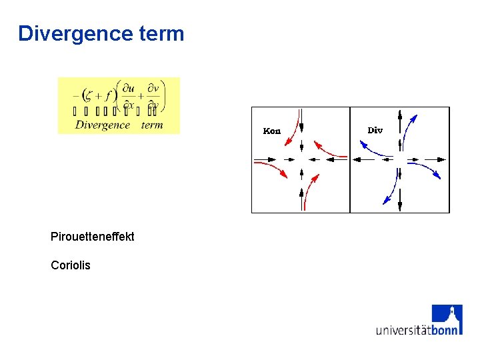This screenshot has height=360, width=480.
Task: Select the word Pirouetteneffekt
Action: (x=92, y=237)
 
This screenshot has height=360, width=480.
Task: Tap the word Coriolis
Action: (x=71, y=265)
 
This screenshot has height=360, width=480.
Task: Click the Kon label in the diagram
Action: (x=272, y=131)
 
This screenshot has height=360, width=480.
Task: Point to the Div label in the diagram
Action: (x=375, y=131)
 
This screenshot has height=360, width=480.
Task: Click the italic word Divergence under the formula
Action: (x=103, y=125)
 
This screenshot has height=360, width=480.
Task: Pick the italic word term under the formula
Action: (x=152, y=125)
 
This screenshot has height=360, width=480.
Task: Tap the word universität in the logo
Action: (x=403, y=329)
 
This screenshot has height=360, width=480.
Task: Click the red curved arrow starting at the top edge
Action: (x=291, y=133)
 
